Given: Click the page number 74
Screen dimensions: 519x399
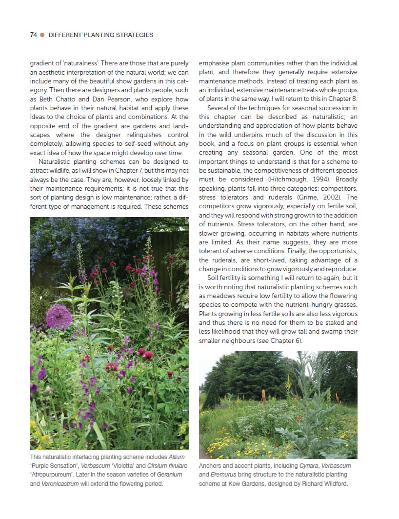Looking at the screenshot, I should pyautogui.click(x=34, y=35).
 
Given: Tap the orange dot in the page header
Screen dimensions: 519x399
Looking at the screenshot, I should pyautogui.click(x=42, y=35).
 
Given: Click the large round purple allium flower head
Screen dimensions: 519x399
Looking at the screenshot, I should pyautogui.click(x=59, y=317).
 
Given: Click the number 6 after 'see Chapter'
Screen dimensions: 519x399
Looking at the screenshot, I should pyautogui.click(x=297, y=340).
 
